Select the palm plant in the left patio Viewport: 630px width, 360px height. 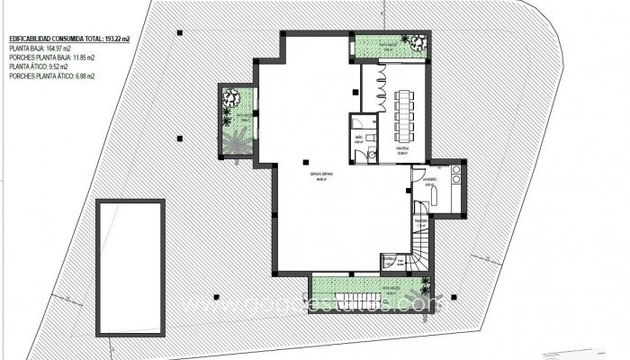tap(236, 142)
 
